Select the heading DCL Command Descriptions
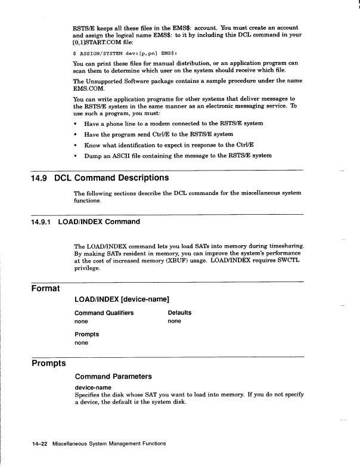coord(111,178)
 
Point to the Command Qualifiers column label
coord(104,313)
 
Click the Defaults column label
coord(179,313)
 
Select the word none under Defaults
coord(175,321)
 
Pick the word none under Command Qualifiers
coord(81,321)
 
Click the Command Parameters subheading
coord(113,376)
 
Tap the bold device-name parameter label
coord(93,388)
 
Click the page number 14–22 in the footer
coord(40,444)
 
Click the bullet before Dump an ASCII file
coord(76,156)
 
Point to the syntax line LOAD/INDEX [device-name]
coord(122,299)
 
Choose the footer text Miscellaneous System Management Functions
coord(108,444)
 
